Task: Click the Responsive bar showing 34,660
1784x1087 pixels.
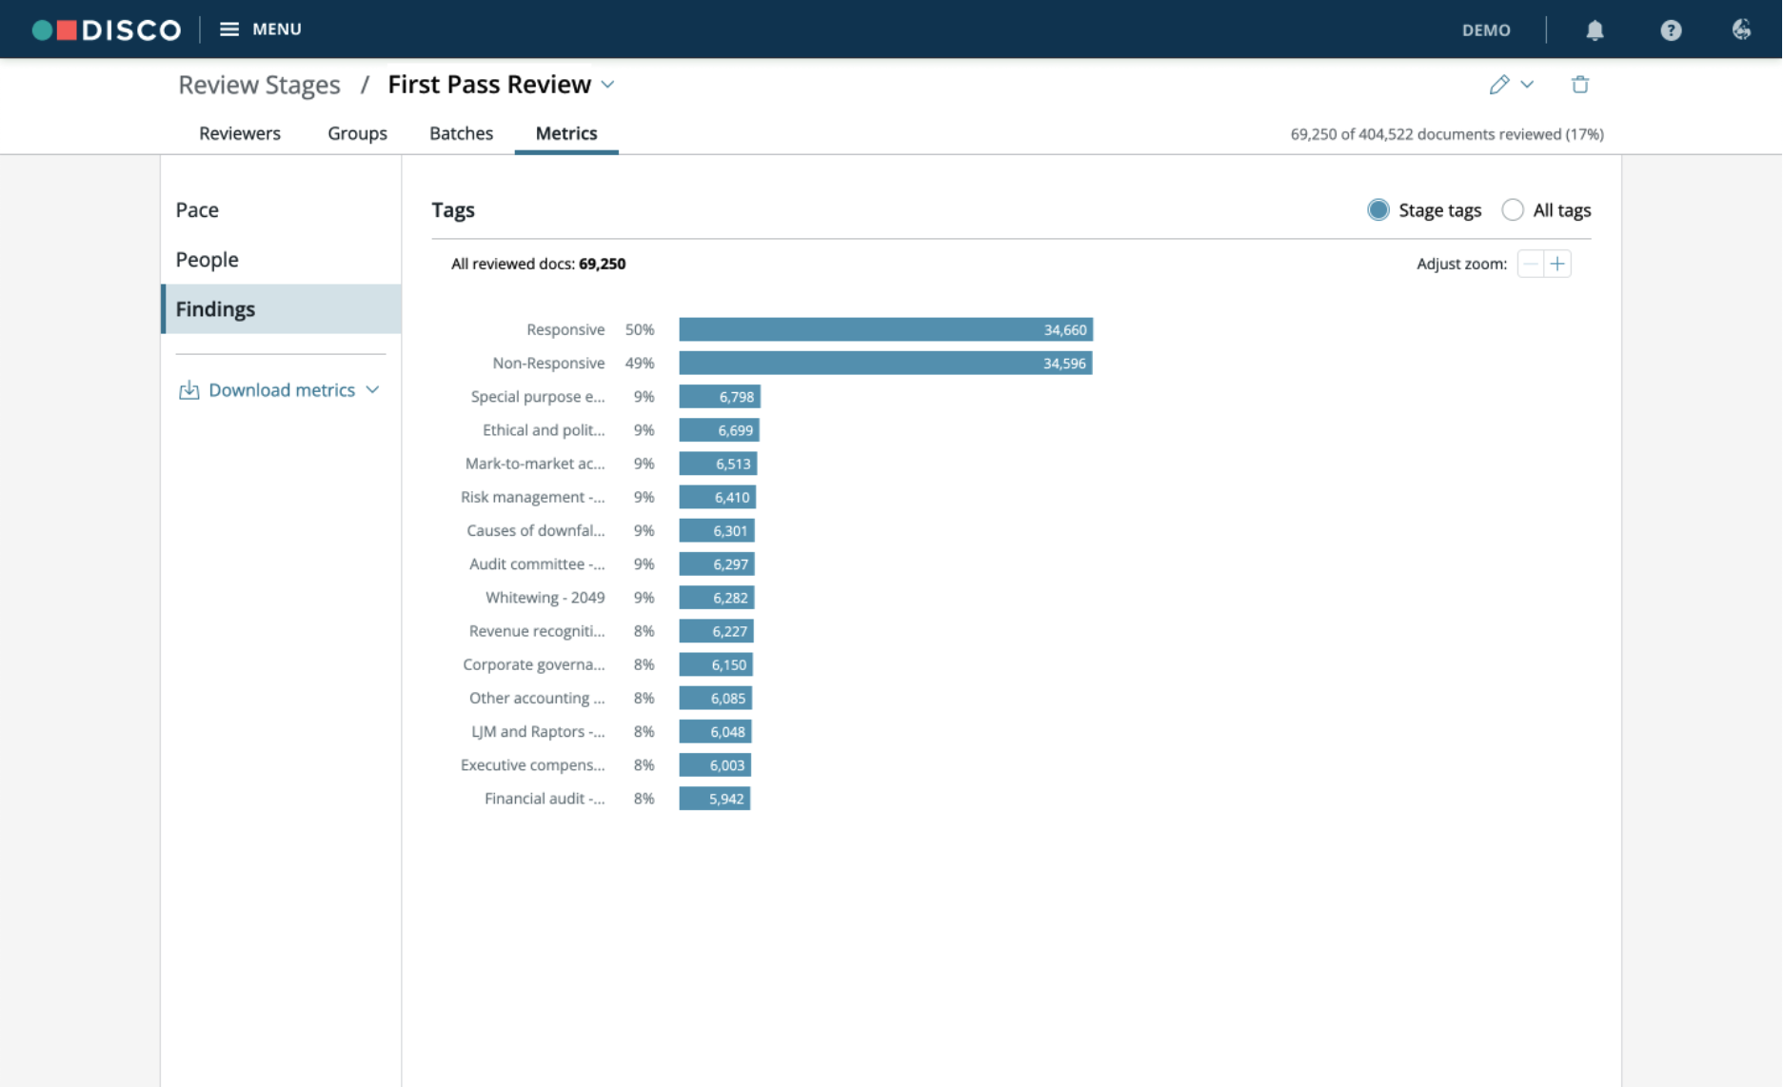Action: tap(885, 329)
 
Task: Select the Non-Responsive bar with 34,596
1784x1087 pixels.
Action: tap(885, 363)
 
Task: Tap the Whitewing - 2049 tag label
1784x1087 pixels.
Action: tap(545, 598)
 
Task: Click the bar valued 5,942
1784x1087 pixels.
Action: tap(714, 799)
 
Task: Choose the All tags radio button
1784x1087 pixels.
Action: tap(1512, 210)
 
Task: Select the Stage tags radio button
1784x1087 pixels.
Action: tap(1378, 210)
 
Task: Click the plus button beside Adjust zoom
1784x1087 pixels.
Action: tap(1557, 264)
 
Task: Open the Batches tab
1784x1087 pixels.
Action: tap(461, 133)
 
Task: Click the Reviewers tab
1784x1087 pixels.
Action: tap(240, 133)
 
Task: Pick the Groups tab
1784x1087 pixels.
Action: tap(357, 133)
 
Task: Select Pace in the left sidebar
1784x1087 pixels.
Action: tap(197, 210)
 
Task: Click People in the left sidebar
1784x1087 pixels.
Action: tap(207, 260)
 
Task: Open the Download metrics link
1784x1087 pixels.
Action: tap(281, 390)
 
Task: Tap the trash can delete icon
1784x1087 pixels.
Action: tap(1580, 85)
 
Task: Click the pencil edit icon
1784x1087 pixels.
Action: tap(1499, 85)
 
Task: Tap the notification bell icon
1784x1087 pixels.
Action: tap(1595, 30)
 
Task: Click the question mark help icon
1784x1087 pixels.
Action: tap(1671, 30)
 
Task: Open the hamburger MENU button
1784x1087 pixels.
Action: tap(261, 30)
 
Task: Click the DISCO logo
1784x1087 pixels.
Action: tap(107, 30)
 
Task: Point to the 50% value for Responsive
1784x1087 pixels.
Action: tap(640, 329)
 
